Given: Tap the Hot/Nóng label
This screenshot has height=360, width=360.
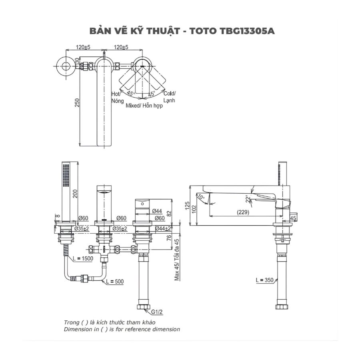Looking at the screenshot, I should [116, 97].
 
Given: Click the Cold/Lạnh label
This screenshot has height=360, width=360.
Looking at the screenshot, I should [169, 97].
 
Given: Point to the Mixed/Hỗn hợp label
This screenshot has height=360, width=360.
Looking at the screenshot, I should [144, 106].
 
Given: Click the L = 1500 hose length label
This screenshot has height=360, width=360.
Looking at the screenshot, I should [83, 259].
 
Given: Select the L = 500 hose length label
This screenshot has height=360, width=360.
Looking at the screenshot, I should [115, 282].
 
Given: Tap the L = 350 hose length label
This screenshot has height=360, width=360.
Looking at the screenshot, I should [265, 280].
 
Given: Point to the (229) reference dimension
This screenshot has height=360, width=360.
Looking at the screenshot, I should [242, 212].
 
